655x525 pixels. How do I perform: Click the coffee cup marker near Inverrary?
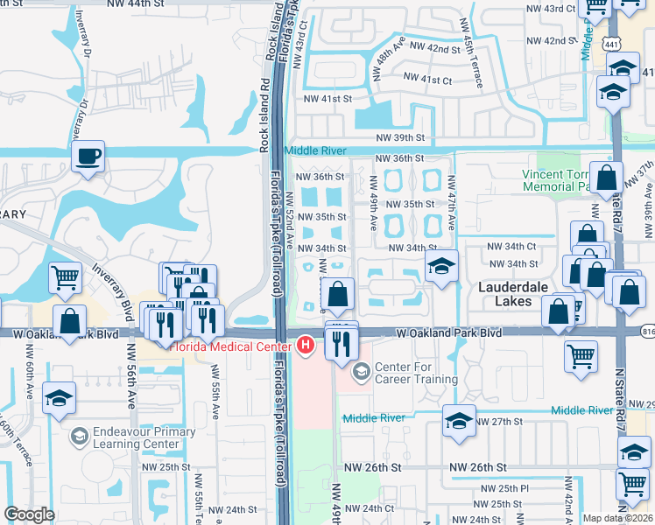click(x=88, y=158)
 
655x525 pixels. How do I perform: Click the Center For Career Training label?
click(x=416, y=373)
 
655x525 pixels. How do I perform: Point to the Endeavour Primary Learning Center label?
click(x=137, y=437)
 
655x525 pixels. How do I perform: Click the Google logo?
click(x=29, y=514)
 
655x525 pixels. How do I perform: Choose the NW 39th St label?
click(x=399, y=138)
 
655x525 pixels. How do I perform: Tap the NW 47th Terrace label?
click(x=451, y=204)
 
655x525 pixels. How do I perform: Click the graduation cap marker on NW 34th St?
click(x=442, y=267)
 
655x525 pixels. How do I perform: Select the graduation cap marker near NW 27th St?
click(x=460, y=422)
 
